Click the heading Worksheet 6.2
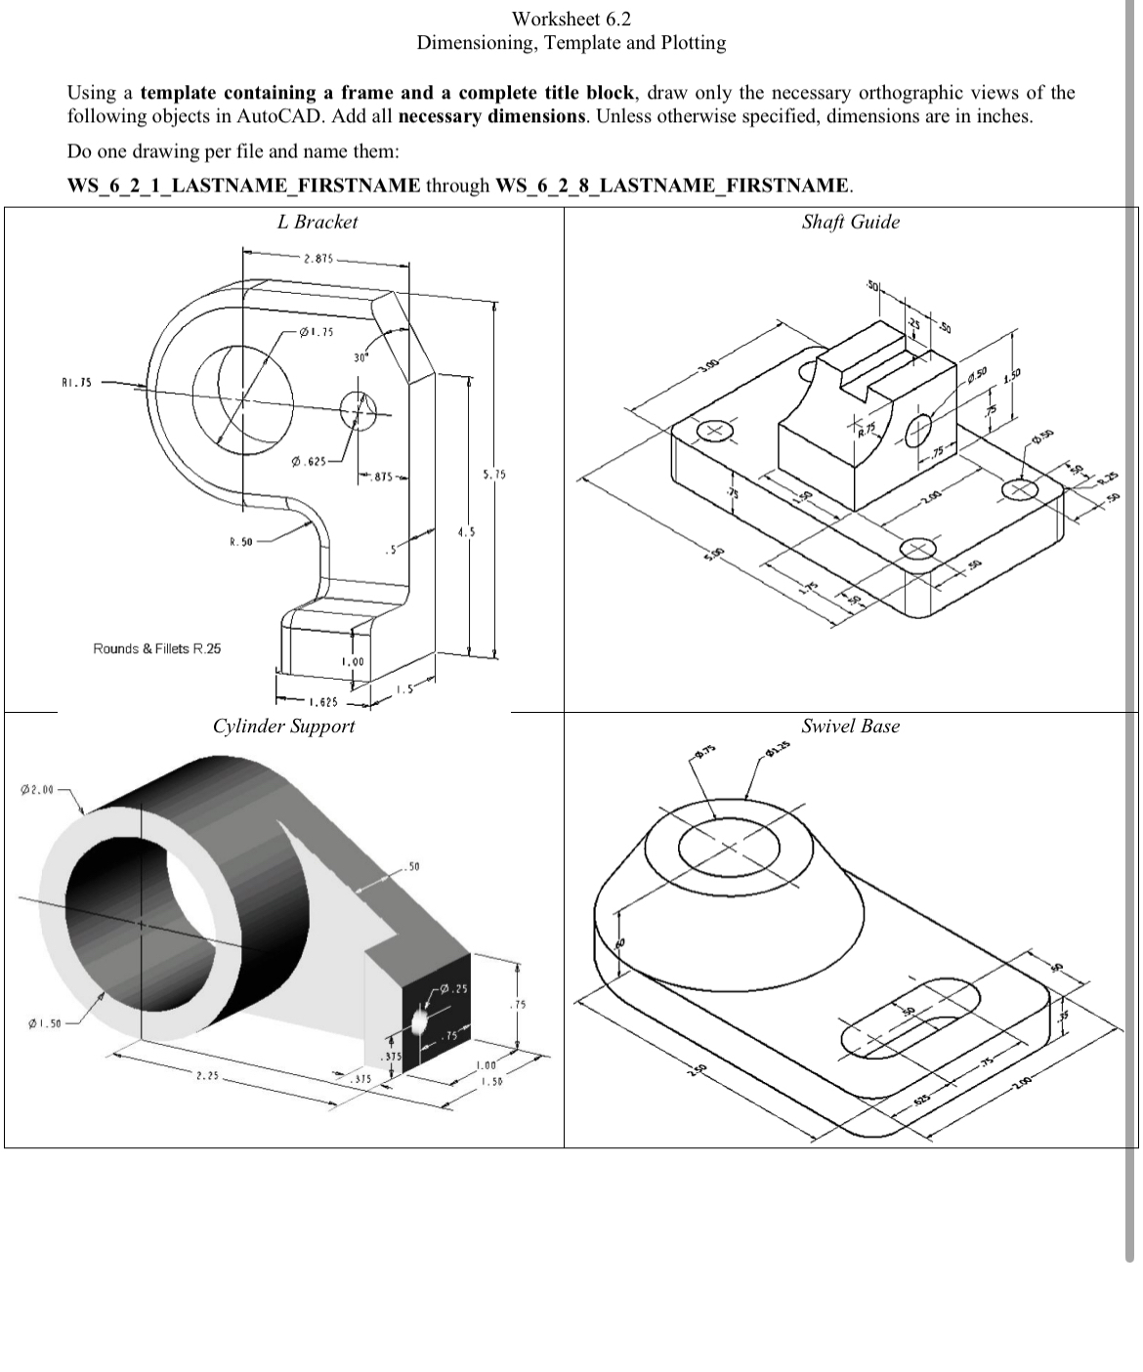point(571,19)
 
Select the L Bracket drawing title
point(317,222)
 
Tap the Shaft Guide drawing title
point(850,222)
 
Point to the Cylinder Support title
point(283,726)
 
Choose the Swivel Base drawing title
point(850,726)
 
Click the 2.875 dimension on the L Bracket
point(318,259)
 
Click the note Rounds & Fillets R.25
point(156,648)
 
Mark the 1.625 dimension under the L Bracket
point(323,702)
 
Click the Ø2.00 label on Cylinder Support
point(38,788)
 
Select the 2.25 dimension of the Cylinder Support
point(206,1077)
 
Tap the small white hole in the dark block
point(420,1021)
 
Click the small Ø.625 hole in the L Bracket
point(358,410)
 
